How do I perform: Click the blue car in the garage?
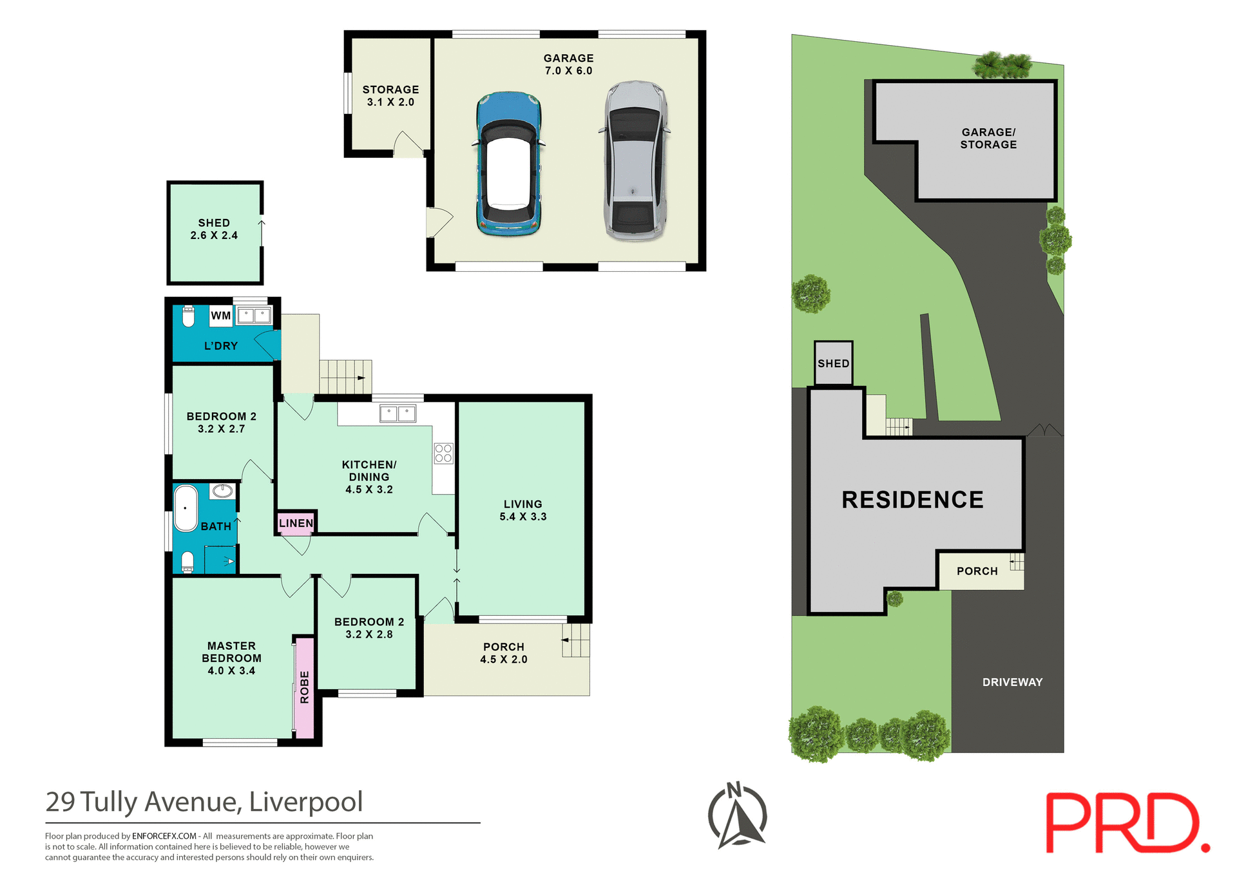508,164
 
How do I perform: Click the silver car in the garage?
635,161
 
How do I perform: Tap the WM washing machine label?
220,316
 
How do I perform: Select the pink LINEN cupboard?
296,523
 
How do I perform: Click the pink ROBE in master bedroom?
305,687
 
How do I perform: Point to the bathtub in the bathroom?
186,508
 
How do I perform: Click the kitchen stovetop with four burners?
443,453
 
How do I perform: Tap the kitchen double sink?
398,413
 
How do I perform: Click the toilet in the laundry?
188,316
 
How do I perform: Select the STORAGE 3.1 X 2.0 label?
390,96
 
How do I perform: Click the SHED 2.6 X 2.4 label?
214,229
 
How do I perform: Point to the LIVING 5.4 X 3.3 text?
523,510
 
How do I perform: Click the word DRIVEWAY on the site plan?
1012,682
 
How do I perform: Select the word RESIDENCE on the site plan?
912,500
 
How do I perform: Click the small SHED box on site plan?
833,363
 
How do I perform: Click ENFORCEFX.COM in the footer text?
164,836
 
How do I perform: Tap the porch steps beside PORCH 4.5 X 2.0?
576,640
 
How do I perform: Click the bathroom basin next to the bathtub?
223,491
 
